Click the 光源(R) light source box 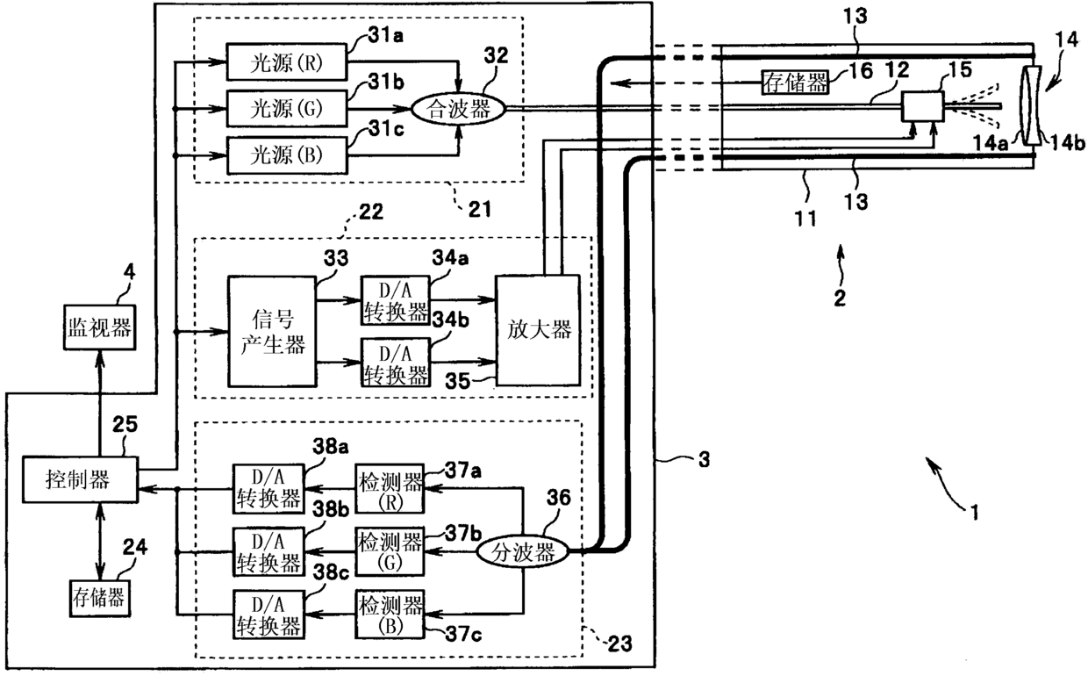[287, 61]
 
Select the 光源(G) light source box [287, 108]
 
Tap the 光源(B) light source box [287, 155]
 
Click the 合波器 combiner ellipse [459, 108]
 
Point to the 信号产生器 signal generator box [272, 332]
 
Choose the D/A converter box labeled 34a [396, 300]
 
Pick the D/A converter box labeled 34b [396, 362]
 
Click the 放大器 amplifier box [538, 330]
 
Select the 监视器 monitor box [99, 327]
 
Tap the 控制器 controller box [80, 479]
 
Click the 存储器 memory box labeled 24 [99, 598]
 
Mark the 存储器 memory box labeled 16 [795, 83]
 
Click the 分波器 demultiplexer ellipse [523, 551]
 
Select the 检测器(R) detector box [390, 488]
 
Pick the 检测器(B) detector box [390, 615]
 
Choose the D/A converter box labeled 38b [268, 552]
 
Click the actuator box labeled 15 [923, 106]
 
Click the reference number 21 [480, 208]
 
